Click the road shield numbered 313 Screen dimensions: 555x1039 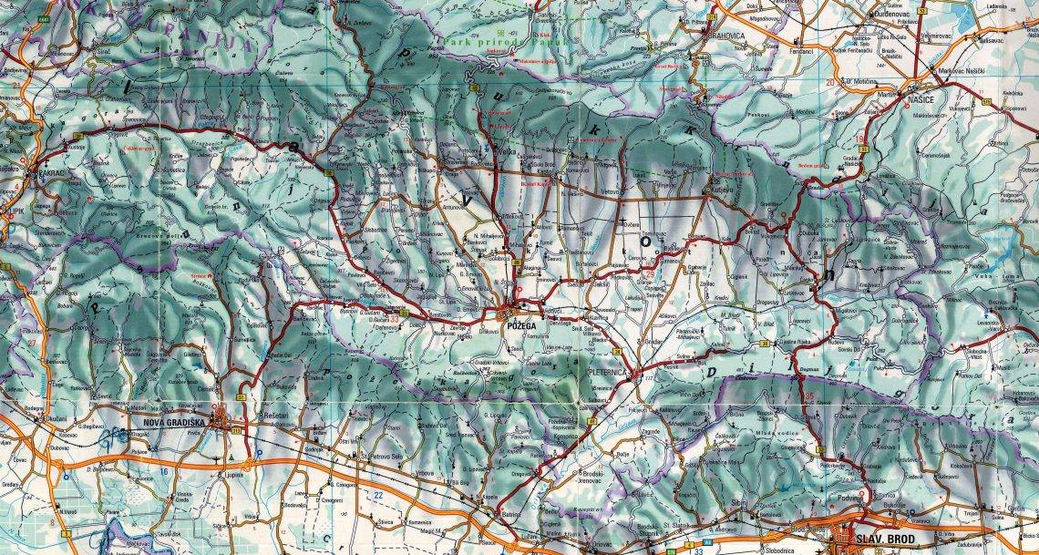click(238, 429)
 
